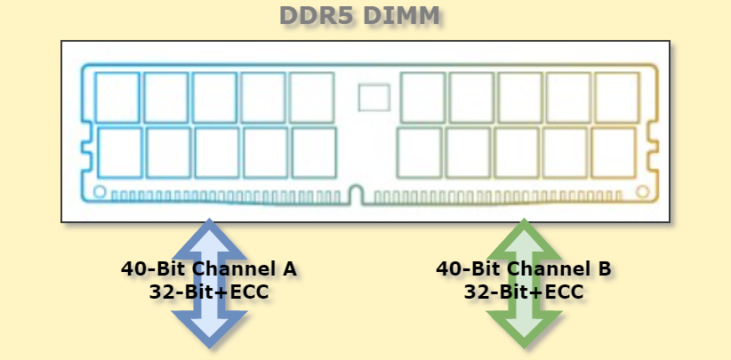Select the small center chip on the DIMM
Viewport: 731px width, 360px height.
point(374,97)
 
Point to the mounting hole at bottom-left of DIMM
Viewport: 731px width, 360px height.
point(100,191)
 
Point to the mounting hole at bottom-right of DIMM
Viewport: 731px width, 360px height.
point(642,191)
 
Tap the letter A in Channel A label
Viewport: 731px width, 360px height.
point(287,268)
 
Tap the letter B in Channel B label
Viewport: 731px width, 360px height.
point(604,268)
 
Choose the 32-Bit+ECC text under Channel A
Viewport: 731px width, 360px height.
point(210,291)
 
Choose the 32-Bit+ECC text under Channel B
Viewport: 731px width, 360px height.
point(525,291)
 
